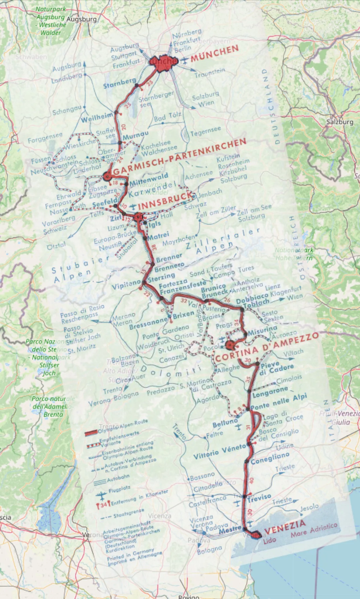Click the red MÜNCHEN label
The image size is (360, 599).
214,53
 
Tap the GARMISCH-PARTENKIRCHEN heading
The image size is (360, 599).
180,157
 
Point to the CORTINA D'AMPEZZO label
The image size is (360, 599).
267,347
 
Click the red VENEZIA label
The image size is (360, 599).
285,527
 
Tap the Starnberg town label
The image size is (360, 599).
120,83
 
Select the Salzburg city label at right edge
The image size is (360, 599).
340,122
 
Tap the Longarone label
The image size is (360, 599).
270,392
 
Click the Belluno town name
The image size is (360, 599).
225,423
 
